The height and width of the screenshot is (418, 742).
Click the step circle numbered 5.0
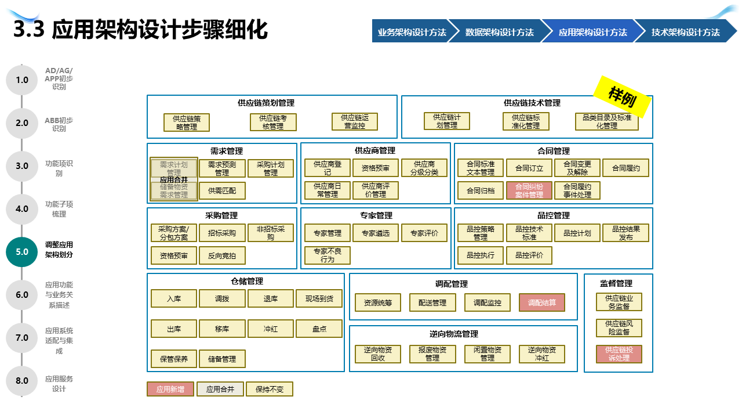point(22,252)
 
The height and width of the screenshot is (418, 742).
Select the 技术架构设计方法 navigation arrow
point(685,33)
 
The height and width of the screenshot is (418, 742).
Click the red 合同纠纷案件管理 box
point(529,190)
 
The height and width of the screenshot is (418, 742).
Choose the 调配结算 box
point(541,302)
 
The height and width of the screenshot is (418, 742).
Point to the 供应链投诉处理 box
point(619,354)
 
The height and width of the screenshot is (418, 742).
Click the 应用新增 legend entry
point(170,389)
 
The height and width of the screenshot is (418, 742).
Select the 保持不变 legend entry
point(270,389)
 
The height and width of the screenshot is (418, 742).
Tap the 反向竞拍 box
point(222,255)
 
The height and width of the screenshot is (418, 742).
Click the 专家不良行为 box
point(328,255)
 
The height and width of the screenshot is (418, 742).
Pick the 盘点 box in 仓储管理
point(319,329)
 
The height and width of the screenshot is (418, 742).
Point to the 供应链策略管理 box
point(187,122)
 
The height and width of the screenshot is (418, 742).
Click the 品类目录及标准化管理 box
point(607,121)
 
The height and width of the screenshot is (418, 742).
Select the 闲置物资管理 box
point(487,354)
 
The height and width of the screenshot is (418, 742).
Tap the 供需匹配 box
point(222,190)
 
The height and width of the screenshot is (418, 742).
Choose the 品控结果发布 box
point(625,233)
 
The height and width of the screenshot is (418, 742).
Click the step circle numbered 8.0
point(22,381)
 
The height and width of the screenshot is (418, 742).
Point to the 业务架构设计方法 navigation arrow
point(411,33)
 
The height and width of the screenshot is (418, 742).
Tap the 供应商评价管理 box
point(376,190)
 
